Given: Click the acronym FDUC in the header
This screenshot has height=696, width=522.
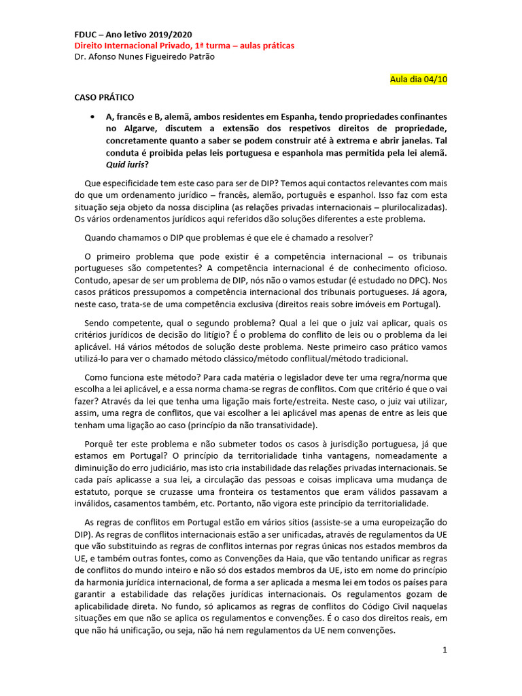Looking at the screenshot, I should tap(86, 35).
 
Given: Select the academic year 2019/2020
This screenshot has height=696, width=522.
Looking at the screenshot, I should tap(167, 35).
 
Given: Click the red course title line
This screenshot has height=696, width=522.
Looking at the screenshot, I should tap(184, 46).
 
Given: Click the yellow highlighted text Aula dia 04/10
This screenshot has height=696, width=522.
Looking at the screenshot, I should tap(418, 79).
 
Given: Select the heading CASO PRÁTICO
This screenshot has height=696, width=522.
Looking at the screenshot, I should tap(104, 97).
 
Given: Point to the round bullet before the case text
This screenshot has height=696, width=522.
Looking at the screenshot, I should tap(92, 117).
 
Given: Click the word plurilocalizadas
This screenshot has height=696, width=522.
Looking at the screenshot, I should tap(414, 207).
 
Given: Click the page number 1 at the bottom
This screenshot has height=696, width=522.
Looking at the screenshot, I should tap(445, 650).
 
